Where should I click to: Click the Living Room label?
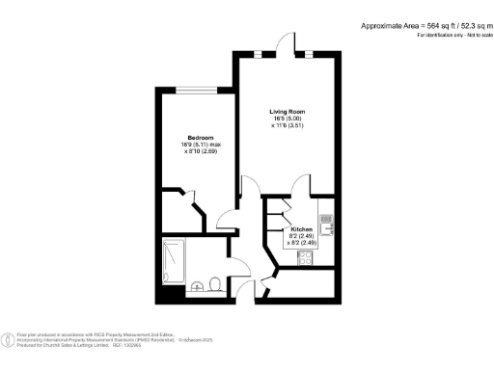coord(286,112)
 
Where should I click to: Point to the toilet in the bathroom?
coord(197,284)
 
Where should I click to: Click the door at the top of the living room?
coord(286,44)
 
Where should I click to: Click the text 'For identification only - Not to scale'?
coord(448,36)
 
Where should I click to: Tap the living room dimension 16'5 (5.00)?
coord(286,120)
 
